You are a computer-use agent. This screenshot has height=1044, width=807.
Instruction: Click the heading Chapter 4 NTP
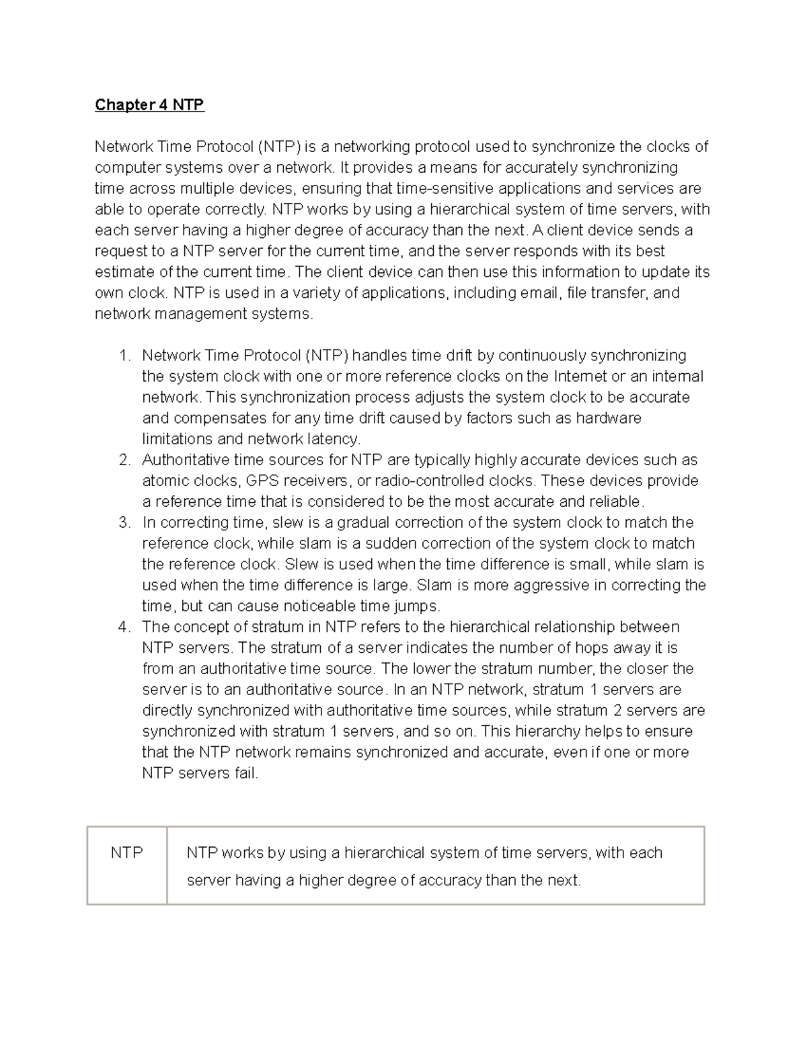149,105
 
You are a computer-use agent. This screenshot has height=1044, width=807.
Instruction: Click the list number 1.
123,356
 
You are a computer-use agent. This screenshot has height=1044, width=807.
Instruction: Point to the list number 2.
124,460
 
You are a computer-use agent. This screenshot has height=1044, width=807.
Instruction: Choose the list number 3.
124,523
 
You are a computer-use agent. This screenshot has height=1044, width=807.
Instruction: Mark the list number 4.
124,627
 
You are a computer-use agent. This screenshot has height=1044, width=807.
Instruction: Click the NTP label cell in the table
126,853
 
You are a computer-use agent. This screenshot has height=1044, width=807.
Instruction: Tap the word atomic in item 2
164,481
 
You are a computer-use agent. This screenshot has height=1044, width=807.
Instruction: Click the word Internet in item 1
580,376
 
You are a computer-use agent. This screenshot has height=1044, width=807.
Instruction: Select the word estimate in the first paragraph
124,272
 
